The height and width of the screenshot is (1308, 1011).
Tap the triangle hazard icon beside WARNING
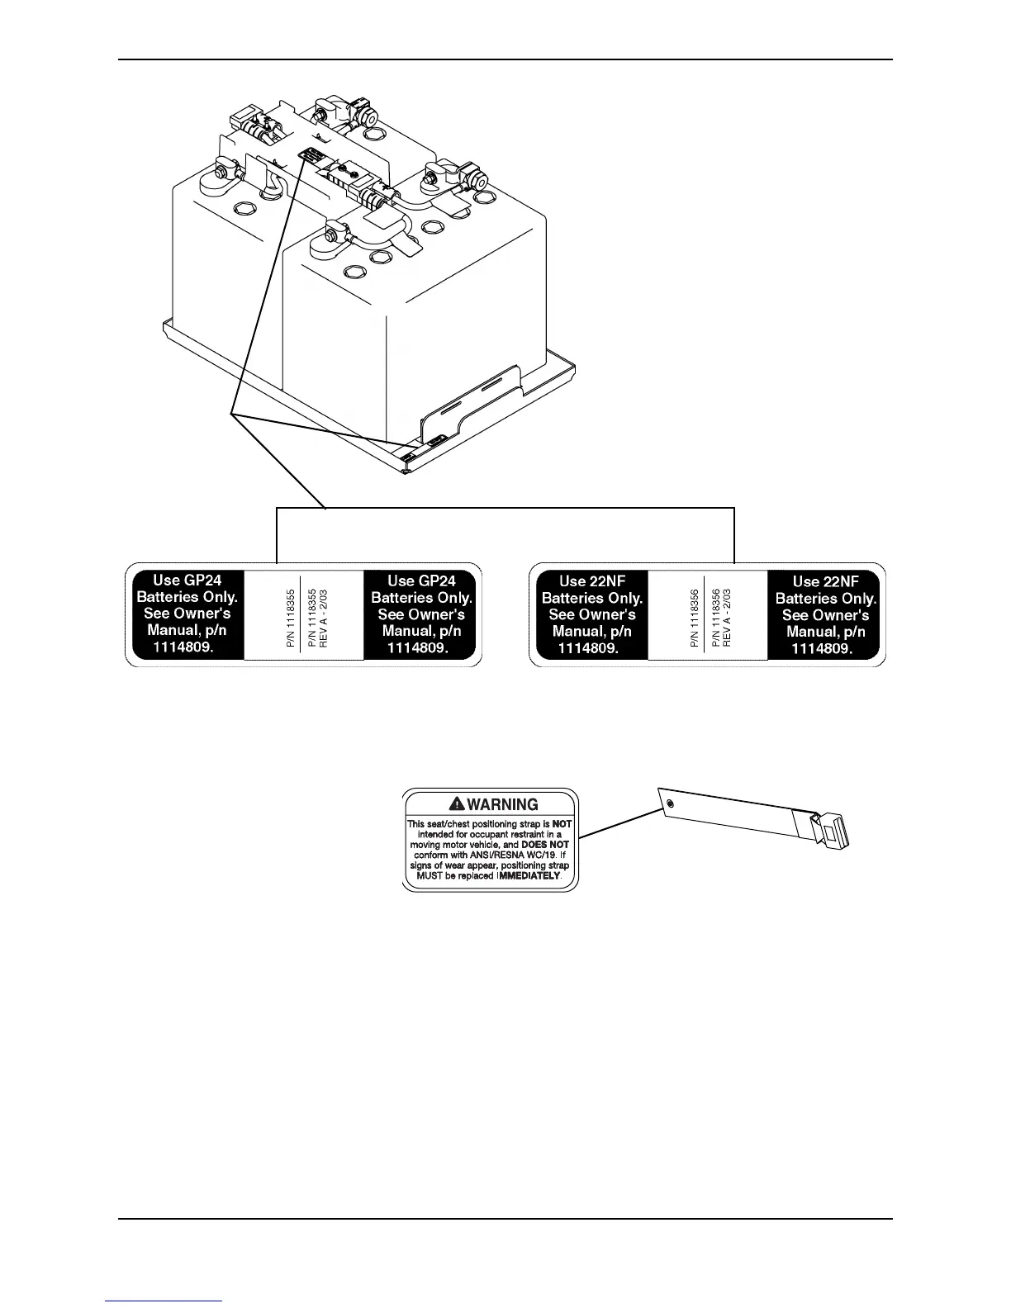tap(457, 803)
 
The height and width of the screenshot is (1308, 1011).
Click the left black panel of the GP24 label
tap(186, 614)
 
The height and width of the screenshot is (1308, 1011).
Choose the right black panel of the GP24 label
tap(421, 614)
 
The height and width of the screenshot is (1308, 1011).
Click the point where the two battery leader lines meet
tap(234, 414)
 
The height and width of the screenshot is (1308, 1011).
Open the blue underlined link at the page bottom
tap(164, 1301)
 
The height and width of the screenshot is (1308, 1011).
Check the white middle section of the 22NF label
tap(708, 615)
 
